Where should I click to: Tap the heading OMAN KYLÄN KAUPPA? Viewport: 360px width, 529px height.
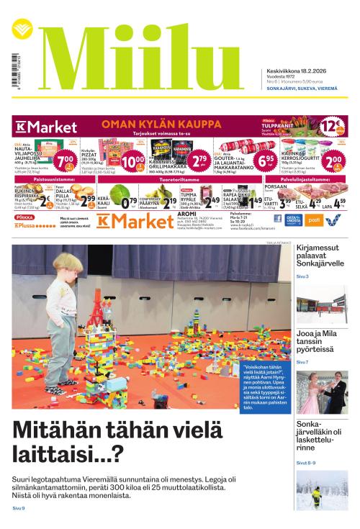tap(156, 124)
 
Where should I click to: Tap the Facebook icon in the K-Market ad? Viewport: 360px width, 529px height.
tap(278, 219)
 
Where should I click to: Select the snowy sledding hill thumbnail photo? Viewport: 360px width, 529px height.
tap(321, 489)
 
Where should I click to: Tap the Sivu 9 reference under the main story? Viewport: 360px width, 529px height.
tap(19, 509)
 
